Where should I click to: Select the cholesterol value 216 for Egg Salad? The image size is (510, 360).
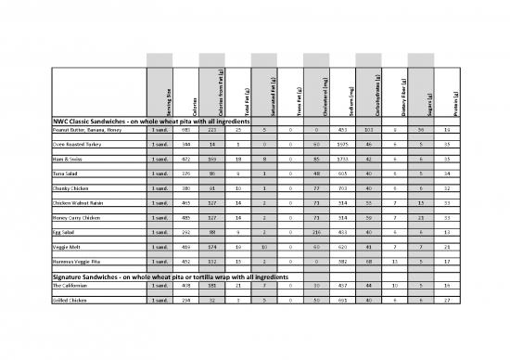click(318, 230)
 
